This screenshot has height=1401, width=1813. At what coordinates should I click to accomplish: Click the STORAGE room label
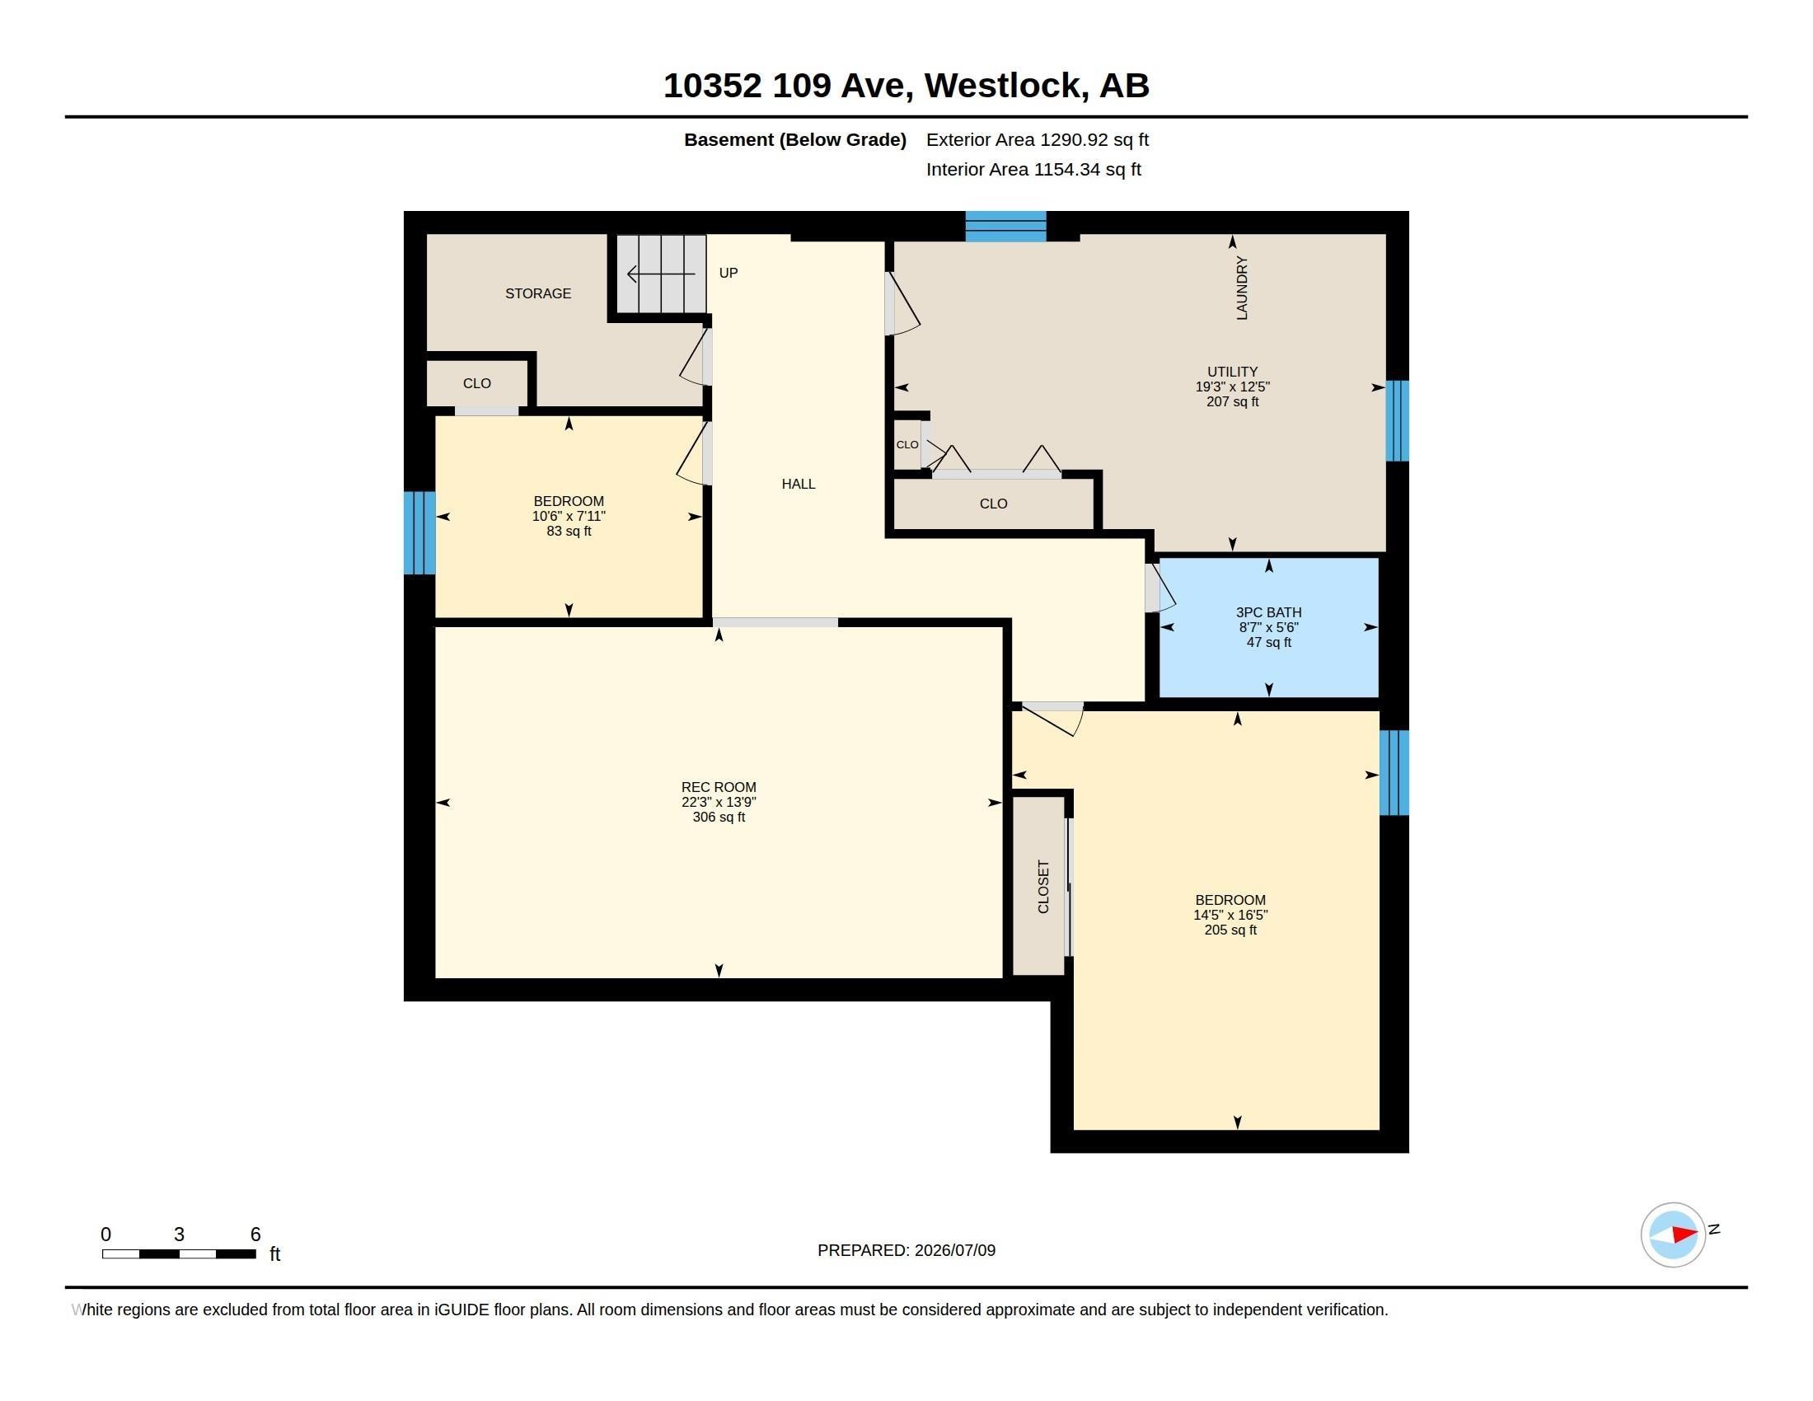[x=538, y=293]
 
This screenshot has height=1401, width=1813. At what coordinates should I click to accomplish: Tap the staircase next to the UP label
[x=661, y=274]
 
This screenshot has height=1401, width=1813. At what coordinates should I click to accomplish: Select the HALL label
[x=798, y=484]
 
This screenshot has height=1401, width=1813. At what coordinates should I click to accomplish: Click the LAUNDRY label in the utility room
[x=1242, y=288]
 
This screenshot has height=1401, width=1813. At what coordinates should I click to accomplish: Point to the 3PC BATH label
[x=1268, y=612]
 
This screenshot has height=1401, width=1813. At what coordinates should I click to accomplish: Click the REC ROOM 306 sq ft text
[x=719, y=817]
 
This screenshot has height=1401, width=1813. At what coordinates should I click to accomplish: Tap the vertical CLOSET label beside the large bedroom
[x=1043, y=887]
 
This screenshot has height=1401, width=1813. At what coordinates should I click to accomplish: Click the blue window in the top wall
[x=1005, y=227]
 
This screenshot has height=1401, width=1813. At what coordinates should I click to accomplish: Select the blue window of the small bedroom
[x=419, y=533]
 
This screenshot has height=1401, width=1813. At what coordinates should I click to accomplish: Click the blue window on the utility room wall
[x=1398, y=421]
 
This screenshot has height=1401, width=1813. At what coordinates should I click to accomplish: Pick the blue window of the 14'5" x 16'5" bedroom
[x=1394, y=773]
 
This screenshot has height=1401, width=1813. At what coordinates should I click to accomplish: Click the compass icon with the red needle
[x=1673, y=1235]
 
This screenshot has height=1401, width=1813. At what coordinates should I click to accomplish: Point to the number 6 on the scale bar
[x=255, y=1235]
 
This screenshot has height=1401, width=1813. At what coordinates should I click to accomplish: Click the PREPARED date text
[x=906, y=1250]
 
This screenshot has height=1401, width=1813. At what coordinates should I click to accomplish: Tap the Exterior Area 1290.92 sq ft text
[x=1038, y=139]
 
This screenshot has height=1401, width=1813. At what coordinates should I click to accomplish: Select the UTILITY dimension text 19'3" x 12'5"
[x=1233, y=387]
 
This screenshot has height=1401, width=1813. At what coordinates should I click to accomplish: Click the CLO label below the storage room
[x=476, y=383]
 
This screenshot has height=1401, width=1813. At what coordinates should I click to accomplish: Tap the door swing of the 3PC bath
[x=1160, y=588]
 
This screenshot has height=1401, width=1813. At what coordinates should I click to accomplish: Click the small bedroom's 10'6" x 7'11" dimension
[x=569, y=516]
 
